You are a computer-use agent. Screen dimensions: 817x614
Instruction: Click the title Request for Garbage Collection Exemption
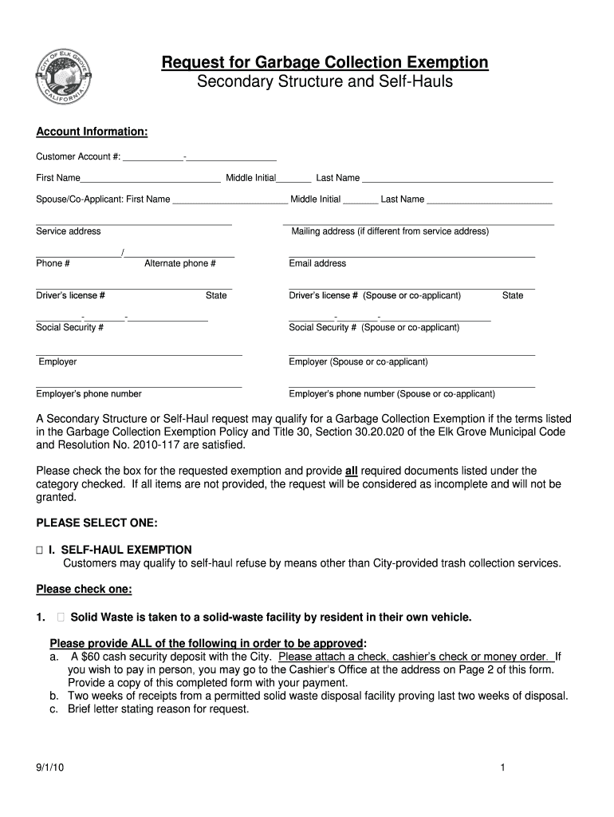325,62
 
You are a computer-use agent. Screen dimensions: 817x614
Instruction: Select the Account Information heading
92,132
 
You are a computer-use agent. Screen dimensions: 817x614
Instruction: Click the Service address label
69,231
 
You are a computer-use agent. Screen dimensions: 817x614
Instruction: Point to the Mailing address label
390,231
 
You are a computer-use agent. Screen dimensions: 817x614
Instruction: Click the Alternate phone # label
180,263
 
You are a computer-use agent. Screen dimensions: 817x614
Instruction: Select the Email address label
317,263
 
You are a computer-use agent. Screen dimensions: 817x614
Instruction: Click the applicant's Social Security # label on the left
69,327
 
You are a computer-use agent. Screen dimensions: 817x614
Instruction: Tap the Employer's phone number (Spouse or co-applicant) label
392,393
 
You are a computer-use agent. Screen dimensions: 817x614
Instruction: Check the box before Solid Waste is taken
61,617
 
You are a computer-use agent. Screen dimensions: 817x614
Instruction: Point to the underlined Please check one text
85,590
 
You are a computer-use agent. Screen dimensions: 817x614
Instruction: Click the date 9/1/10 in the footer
47,768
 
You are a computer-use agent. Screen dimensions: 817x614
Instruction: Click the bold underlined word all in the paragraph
351,471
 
